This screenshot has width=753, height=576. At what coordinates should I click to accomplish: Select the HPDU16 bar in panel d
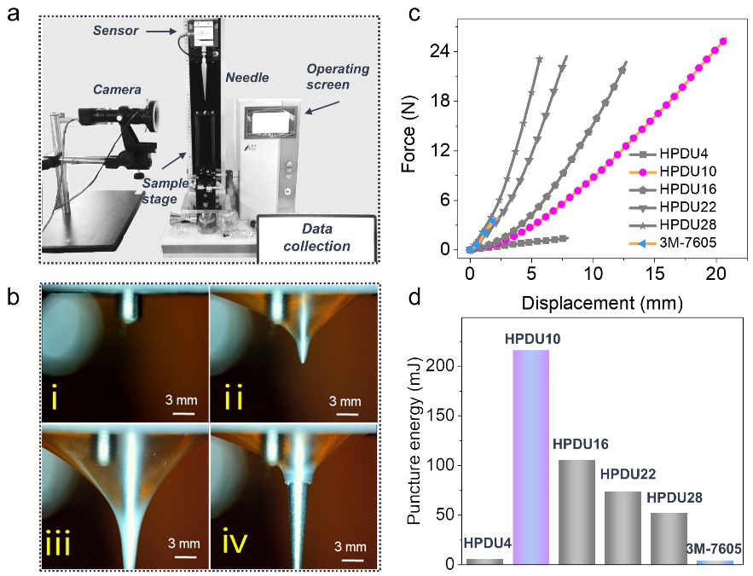tap(577, 512)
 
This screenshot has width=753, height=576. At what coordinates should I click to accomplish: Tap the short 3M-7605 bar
tap(715, 561)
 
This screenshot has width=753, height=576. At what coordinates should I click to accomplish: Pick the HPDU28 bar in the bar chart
tap(669, 538)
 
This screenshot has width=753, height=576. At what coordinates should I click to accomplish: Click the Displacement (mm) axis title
tap(593, 301)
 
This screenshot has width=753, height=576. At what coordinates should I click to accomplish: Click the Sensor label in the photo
tap(114, 31)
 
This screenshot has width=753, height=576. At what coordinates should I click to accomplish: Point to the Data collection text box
tap(317, 237)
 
